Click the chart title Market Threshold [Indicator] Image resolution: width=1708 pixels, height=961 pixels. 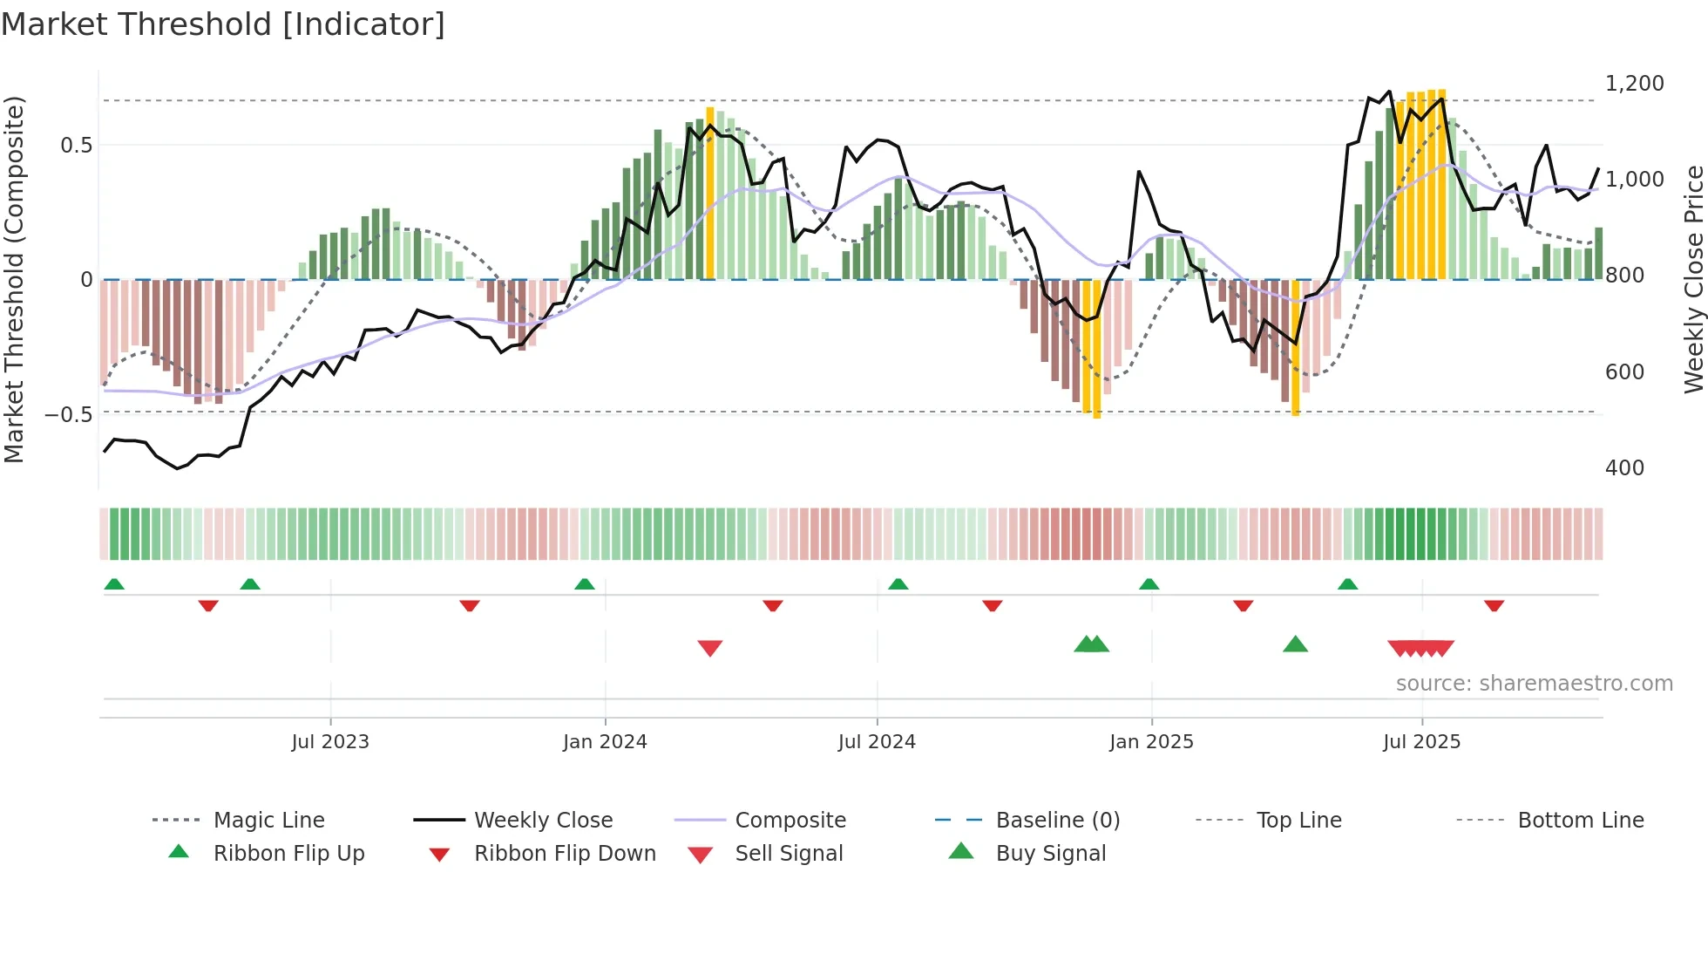point(223,24)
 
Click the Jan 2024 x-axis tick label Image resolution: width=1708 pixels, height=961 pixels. point(605,742)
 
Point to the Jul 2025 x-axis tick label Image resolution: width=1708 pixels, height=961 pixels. point(1421,742)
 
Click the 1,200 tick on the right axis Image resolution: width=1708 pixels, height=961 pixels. point(1634,84)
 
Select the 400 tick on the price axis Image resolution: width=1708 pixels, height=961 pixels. point(1624,468)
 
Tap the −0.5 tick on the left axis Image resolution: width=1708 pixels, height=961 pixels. point(68,414)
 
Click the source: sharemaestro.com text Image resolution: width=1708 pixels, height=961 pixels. point(1534,684)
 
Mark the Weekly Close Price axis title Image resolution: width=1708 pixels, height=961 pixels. point(1693,279)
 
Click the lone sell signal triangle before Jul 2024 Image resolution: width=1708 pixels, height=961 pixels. point(710,648)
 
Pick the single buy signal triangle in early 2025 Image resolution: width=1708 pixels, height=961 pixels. point(1295,644)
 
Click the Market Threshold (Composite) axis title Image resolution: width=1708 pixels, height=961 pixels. point(14,279)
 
